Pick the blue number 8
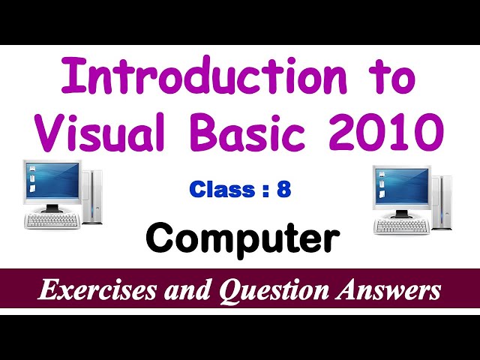click(x=283, y=190)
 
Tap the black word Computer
click(x=242, y=238)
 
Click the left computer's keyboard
click(x=52, y=220)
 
